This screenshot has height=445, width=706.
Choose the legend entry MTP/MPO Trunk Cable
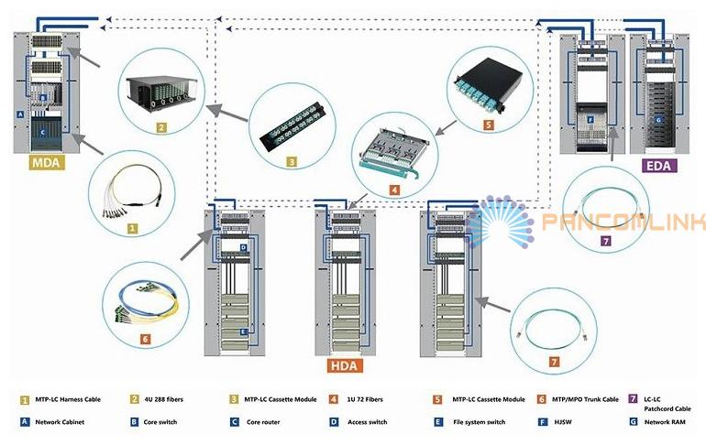pos(583,400)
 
